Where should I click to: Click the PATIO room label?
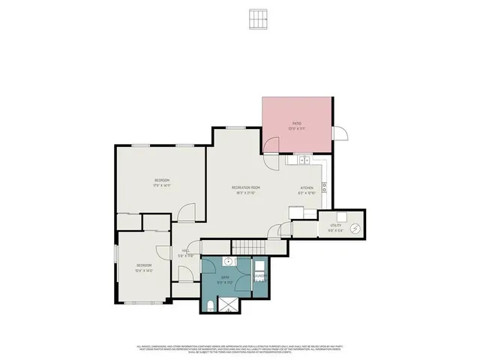pos(297,123)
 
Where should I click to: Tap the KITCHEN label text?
pos(306,188)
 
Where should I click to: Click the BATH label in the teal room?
pos(225,277)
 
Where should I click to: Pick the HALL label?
pos(184,252)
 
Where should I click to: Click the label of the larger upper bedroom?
pos(162,181)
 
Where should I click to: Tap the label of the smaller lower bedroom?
pos(144,265)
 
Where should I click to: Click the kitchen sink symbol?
pos(303,160)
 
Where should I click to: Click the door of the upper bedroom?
pos(191,212)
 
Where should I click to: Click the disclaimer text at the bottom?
pos(240,349)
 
